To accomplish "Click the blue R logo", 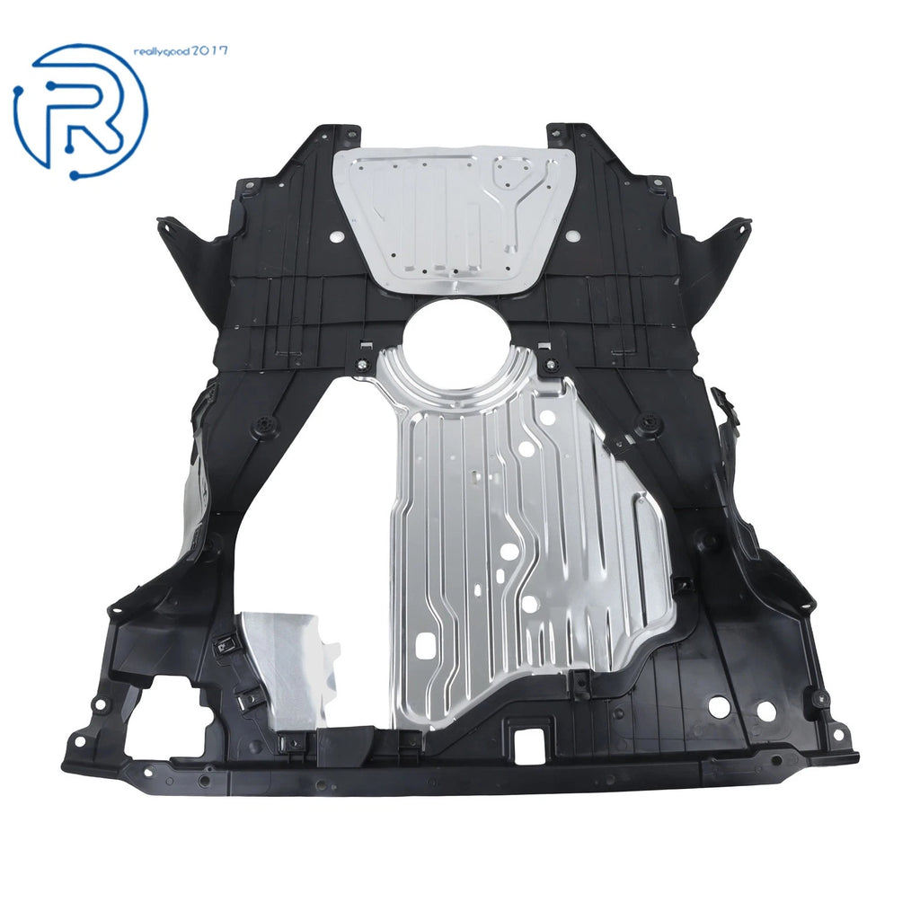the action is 81,111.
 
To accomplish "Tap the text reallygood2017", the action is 181,51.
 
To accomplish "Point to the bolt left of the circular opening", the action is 364,365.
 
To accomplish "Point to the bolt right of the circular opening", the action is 551,363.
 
